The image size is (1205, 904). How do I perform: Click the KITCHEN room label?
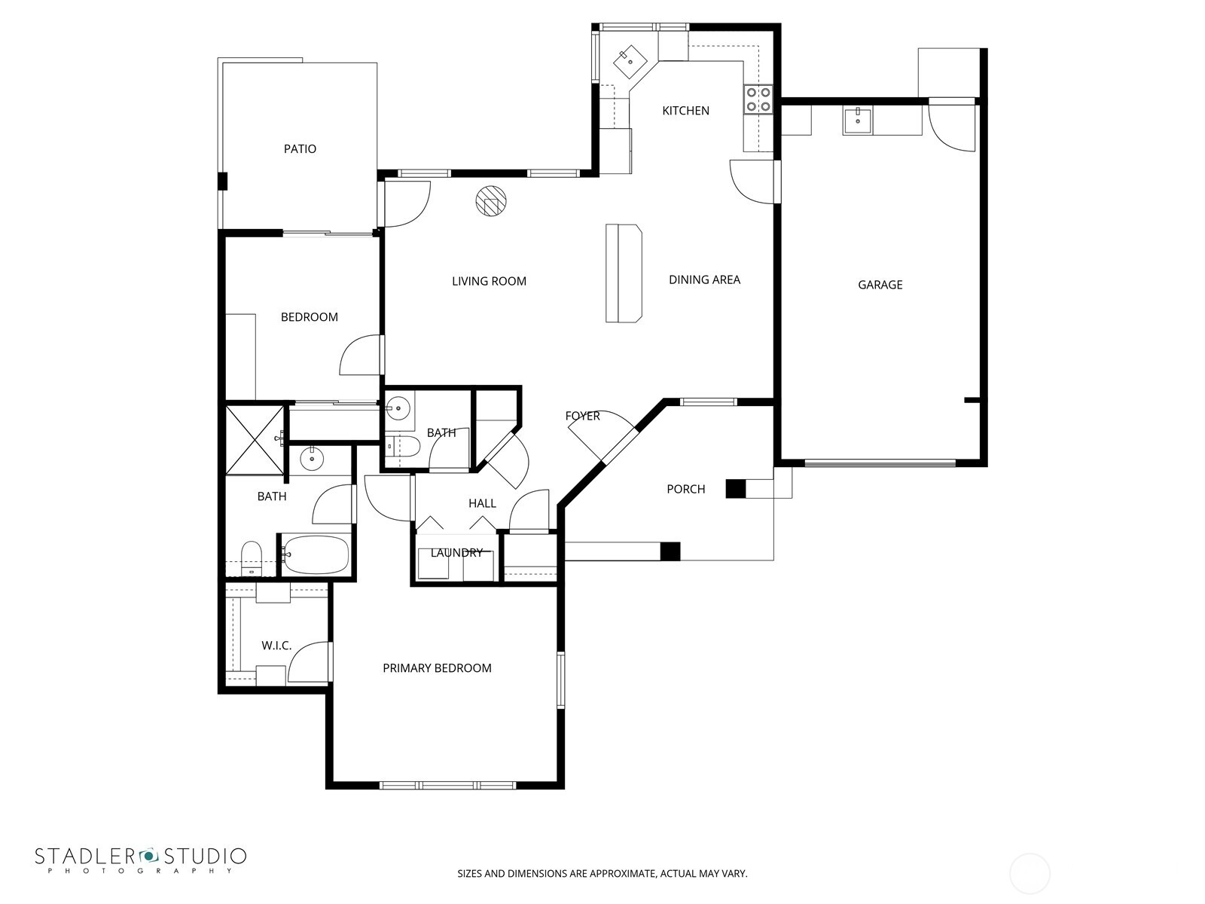[685, 111]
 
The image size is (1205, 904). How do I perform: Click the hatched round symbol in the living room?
[491, 201]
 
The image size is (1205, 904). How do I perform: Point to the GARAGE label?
[880, 285]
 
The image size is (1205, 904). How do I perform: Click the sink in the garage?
[857, 121]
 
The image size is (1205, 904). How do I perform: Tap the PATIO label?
[300, 149]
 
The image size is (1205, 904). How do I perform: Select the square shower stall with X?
[255, 440]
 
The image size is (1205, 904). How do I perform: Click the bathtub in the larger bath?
[316, 555]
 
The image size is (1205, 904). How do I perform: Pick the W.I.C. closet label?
[276, 646]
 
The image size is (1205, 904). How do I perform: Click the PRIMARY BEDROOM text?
[437, 668]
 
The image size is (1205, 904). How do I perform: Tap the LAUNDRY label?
[456, 553]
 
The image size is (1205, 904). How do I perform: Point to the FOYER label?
[582, 416]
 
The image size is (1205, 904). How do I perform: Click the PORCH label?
[685, 490]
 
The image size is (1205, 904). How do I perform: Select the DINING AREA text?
[704, 279]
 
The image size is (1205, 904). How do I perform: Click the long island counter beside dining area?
[624, 273]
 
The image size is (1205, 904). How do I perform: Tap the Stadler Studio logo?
[140, 860]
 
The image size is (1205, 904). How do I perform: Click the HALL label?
[482, 503]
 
